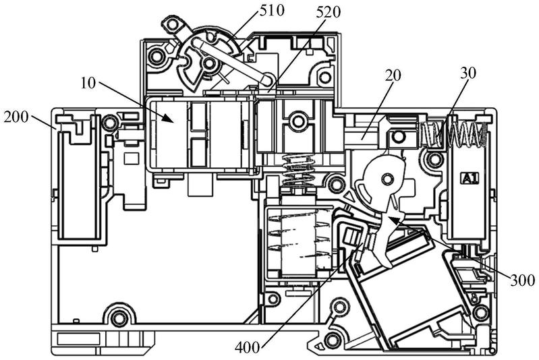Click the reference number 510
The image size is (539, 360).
[273, 10]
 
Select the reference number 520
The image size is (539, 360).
[328, 12]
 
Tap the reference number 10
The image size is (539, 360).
[88, 83]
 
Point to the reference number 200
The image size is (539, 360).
[16, 117]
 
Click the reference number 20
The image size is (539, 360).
[393, 76]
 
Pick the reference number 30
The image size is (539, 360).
[469, 73]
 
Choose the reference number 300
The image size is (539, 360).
[523, 280]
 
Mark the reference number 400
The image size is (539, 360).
[248, 348]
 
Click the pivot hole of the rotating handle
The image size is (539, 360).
[208, 63]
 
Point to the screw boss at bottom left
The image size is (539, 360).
[119, 317]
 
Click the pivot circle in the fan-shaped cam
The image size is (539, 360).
[388, 178]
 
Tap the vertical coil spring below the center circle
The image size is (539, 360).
[297, 171]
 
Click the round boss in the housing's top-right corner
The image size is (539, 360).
[324, 77]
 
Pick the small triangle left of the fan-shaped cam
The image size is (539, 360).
[349, 197]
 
